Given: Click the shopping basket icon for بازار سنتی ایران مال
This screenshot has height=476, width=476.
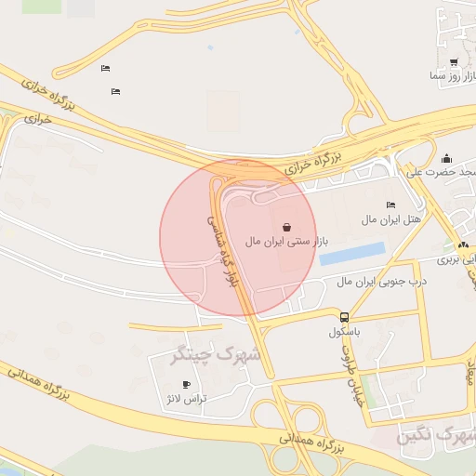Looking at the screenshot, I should click(286, 226).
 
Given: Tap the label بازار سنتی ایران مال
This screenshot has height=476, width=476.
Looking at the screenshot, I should click(287, 242).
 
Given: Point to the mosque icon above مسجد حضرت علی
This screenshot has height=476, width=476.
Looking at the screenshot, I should click(446, 158).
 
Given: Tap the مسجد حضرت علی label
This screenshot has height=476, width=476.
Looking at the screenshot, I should click(443, 172).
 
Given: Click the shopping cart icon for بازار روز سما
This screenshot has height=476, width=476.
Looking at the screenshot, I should click(454, 62).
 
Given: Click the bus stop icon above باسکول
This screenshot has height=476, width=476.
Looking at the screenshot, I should click(345, 317).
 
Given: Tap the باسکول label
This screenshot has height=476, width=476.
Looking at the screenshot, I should click(345, 331).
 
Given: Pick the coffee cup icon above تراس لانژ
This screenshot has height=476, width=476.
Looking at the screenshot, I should click(187, 384).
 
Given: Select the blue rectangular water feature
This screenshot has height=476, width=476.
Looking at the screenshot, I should click(352, 253).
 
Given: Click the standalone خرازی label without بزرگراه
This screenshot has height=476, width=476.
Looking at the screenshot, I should click(36, 119).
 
